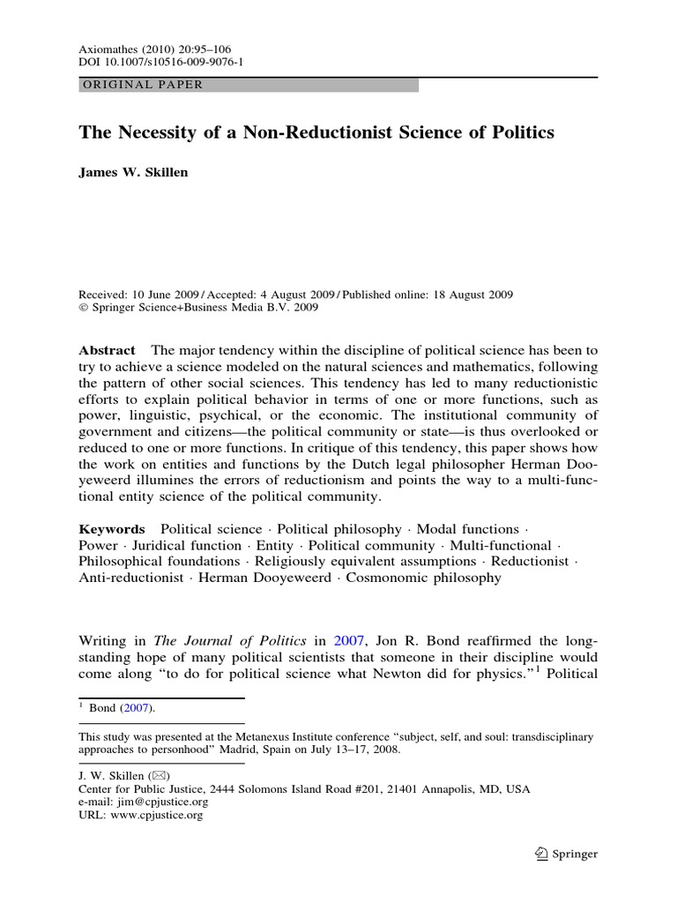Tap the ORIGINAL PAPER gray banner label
coord(142,86)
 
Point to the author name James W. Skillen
coord(133,172)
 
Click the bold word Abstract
coord(108,350)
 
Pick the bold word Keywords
coord(112,529)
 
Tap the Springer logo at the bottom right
coord(566,853)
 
